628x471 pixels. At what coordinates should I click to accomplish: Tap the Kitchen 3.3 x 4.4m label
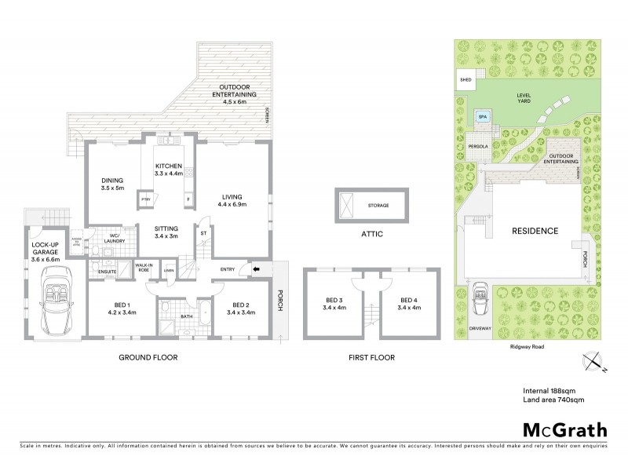point(169,170)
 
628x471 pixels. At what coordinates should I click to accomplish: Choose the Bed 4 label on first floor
point(410,303)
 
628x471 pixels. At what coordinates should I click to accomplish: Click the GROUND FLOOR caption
point(148,357)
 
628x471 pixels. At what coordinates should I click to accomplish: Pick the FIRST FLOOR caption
point(372,357)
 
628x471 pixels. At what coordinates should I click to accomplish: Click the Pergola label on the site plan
point(478,146)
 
